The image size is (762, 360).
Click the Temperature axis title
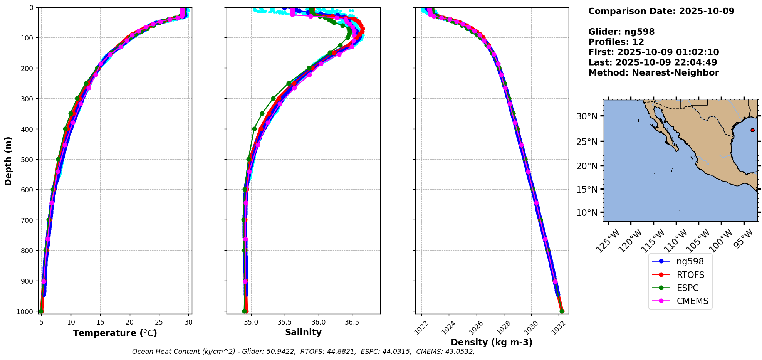tap(115, 333)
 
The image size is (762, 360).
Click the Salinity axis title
tap(303, 332)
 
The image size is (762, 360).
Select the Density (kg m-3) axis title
tap(492, 342)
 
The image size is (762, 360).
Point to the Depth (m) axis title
tap(8, 161)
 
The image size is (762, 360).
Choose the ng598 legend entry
tap(690, 261)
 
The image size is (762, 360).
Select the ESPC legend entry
tap(687, 288)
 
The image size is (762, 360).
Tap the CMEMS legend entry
tap(692, 301)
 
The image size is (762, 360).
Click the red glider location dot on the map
tap(752, 130)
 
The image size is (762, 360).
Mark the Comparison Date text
tap(661, 11)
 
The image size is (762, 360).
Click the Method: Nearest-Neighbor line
tap(653, 73)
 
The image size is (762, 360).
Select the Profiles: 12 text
tap(616, 42)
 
